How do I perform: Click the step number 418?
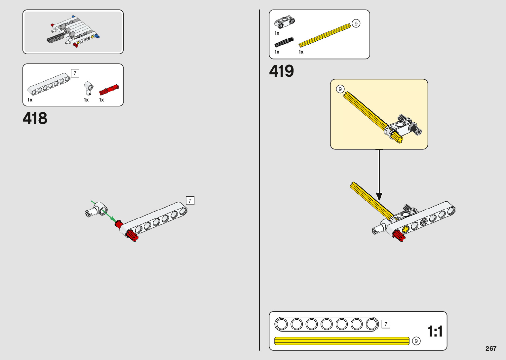[35, 118]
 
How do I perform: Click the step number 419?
[281, 71]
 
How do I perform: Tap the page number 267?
[491, 348]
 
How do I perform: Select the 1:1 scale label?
[435, 331]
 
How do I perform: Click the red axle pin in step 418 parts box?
[109, 90]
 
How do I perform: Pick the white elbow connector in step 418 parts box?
[88, 88]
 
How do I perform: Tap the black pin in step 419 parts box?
[284, 42]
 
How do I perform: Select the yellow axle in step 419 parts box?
[325, 35]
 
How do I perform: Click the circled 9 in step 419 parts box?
[356, 23]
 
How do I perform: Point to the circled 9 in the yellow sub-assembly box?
[340, 89]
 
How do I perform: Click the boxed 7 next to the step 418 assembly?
[190, 201]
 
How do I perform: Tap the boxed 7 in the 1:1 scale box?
[386, 324]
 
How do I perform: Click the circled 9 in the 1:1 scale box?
[416, 341]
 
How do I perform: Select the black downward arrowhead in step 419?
[379, 196]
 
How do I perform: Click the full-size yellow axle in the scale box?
[342, 341]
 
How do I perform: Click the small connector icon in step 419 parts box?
[284, 22]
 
